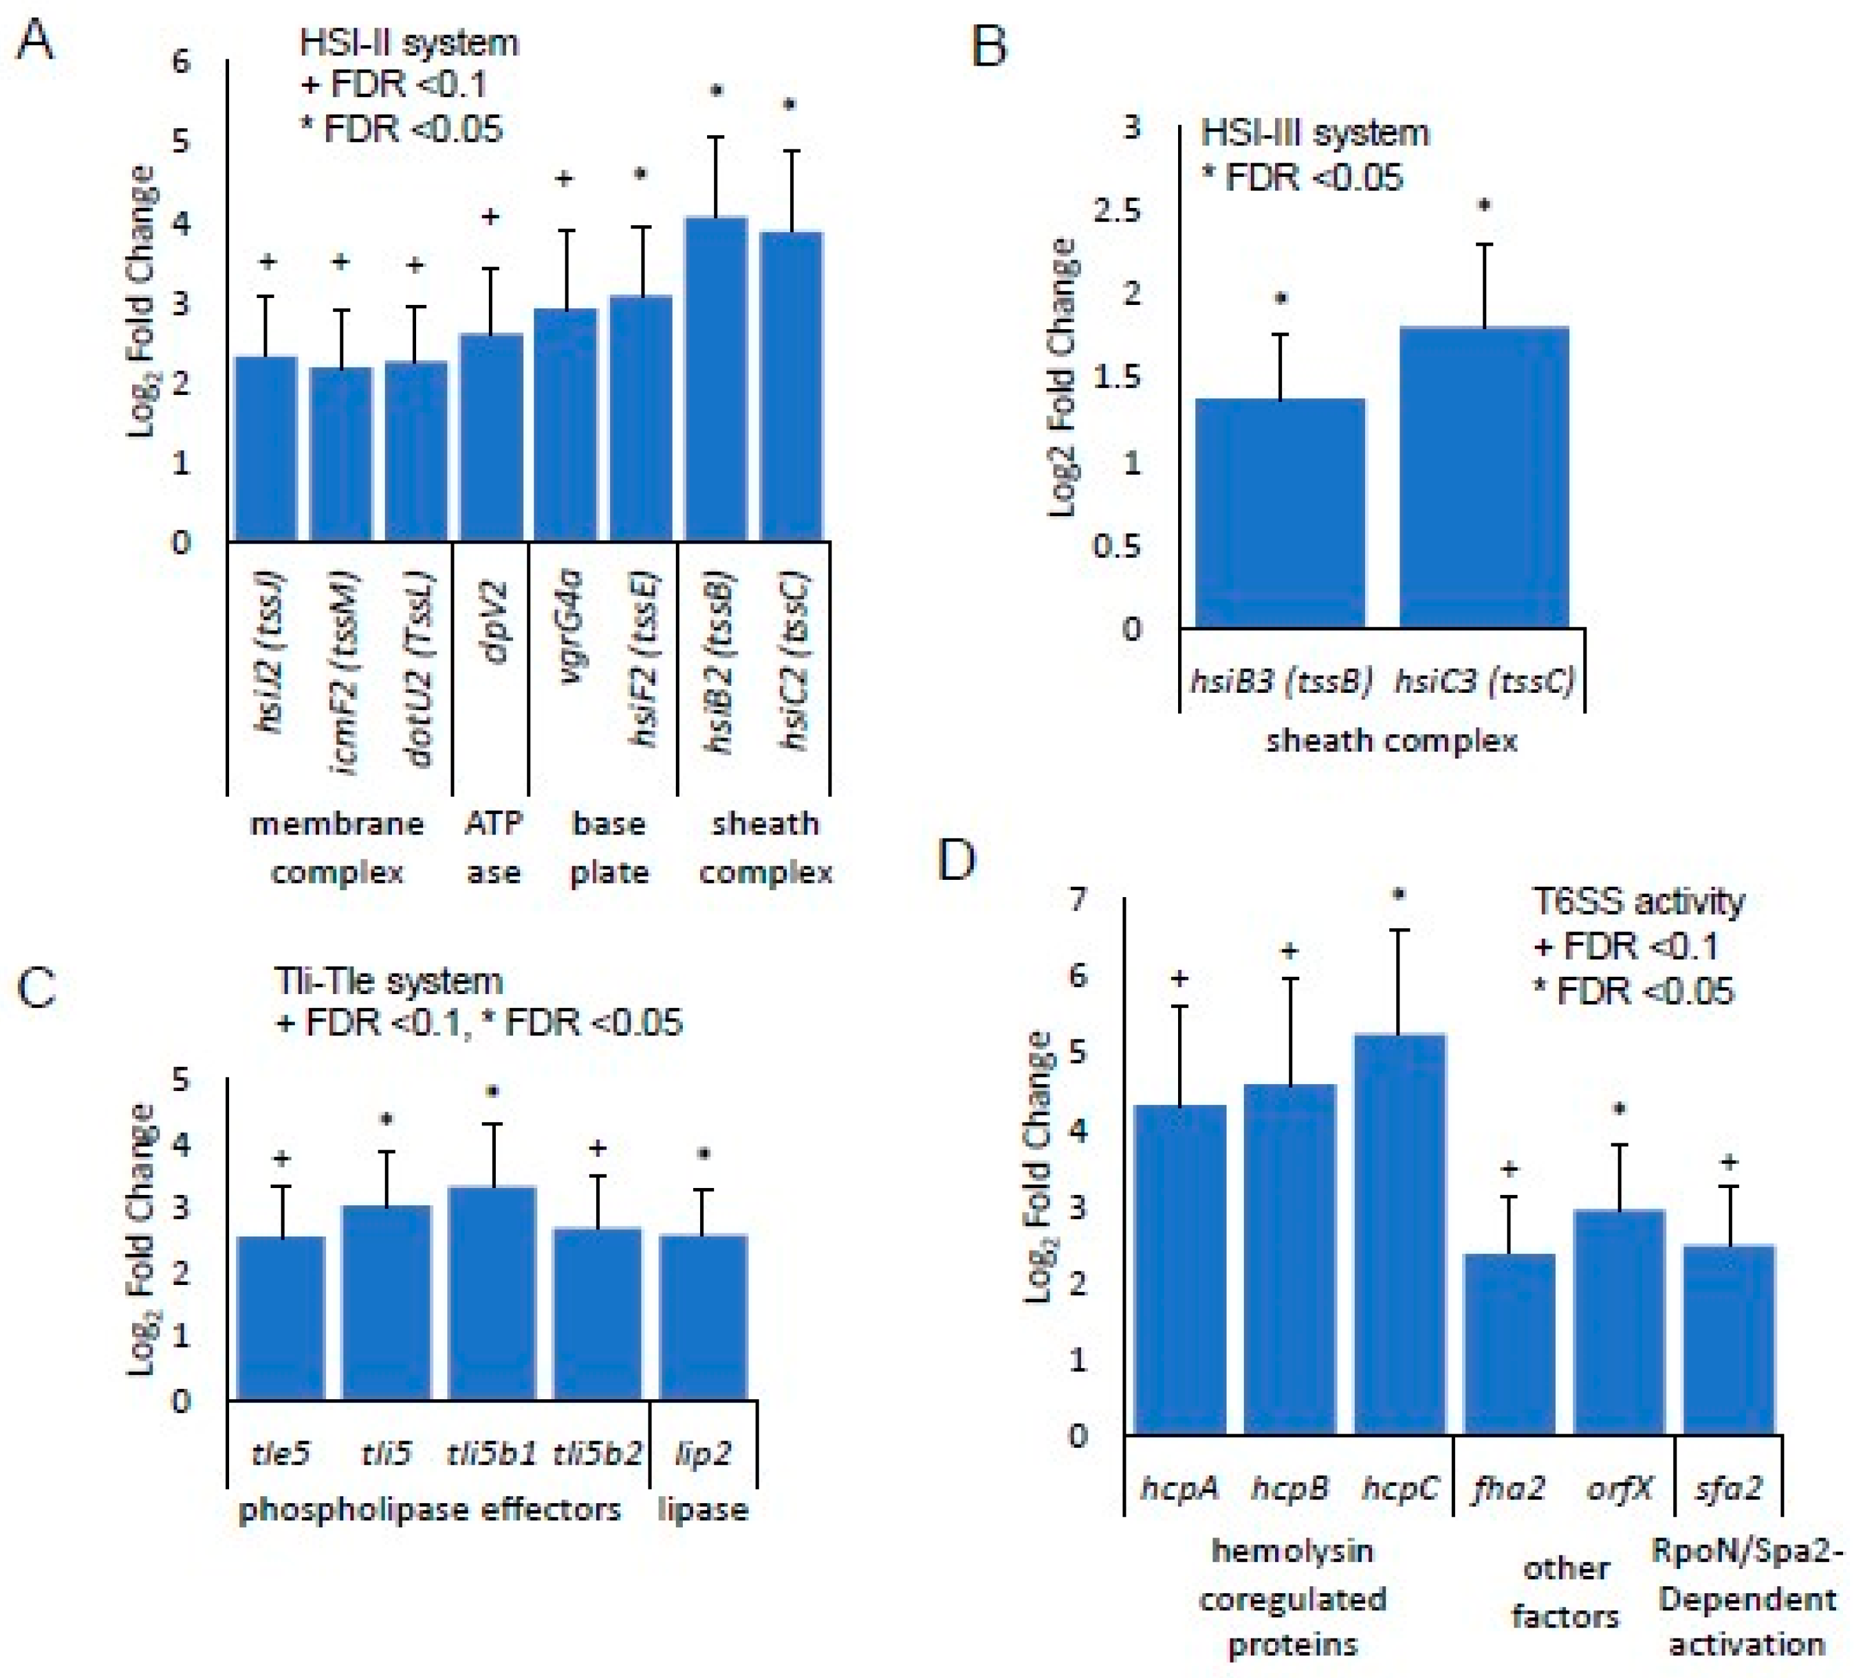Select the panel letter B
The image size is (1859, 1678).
pyautogui.click(x=989, y=46)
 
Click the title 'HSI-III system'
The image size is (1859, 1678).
pyautogui.click(x=1314, y=134)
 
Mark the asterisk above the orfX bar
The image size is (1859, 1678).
pyautogui.click(x=1618, y=1109)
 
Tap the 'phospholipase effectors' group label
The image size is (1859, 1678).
pyautogui.click(x=429, y=1510)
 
